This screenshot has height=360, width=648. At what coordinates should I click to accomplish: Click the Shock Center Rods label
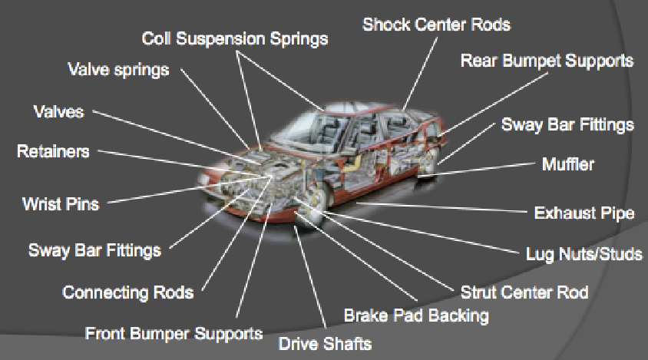tap(436, 24)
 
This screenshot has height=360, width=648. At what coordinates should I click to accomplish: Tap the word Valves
tap(58, 111)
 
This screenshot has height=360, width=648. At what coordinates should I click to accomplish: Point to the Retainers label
tap(53, 151)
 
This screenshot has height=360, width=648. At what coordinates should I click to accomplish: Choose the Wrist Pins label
tap(61, 205)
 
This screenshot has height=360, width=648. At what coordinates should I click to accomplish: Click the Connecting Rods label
tap(127, 292)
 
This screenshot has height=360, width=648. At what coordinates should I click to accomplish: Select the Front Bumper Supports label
tap(174, 334)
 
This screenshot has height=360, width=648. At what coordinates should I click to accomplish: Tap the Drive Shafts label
tap(325, 342)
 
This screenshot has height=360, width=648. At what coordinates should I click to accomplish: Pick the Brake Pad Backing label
tap(415, 315)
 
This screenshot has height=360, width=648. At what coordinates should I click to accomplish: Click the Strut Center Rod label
tap(524, 292)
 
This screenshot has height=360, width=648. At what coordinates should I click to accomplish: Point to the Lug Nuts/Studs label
tap(584, 253)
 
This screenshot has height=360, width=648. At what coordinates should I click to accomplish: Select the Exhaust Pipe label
tap(584, 213)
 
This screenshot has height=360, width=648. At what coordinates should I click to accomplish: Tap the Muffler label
tap(568, 164)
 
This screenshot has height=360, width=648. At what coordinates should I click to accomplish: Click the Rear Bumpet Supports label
tap(547, 61)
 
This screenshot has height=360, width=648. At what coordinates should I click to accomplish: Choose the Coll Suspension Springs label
tap(235, 38)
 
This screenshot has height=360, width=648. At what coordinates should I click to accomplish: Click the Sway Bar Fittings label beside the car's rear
tap(567, 124)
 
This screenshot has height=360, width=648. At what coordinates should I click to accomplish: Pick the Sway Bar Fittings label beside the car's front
tap(94, 249)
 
